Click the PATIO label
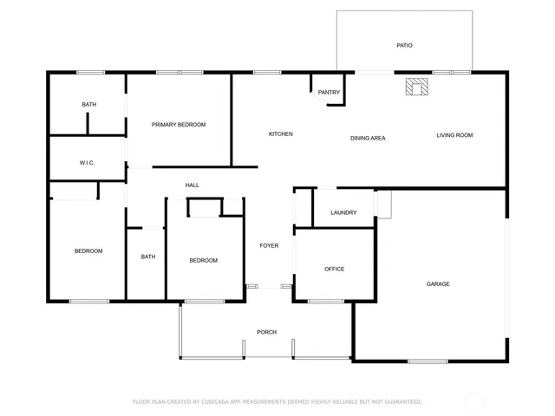(x=404, y=45)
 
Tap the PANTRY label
(x=329, y=93)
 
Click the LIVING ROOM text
(x=454, y=135)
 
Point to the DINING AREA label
(x=368, y=138)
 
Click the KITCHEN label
(x=280, y=134)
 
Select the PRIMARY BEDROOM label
(x=179, y=125)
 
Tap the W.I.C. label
(x=87, y=163)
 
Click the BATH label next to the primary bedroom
(x=89, y=105)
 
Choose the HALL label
(x=193, y=185)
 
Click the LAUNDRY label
(x=343, y=212)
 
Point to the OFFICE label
(x=334, y=270)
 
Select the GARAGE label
(x=438, y=284)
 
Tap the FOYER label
(x=269, y=246)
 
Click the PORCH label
(x=266, y=333)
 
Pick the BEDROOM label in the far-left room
(x=88, y=251)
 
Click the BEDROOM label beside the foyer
(x=203, y=261)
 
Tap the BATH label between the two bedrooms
(x=148, y=257)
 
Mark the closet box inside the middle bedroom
(x=206, y=208)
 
